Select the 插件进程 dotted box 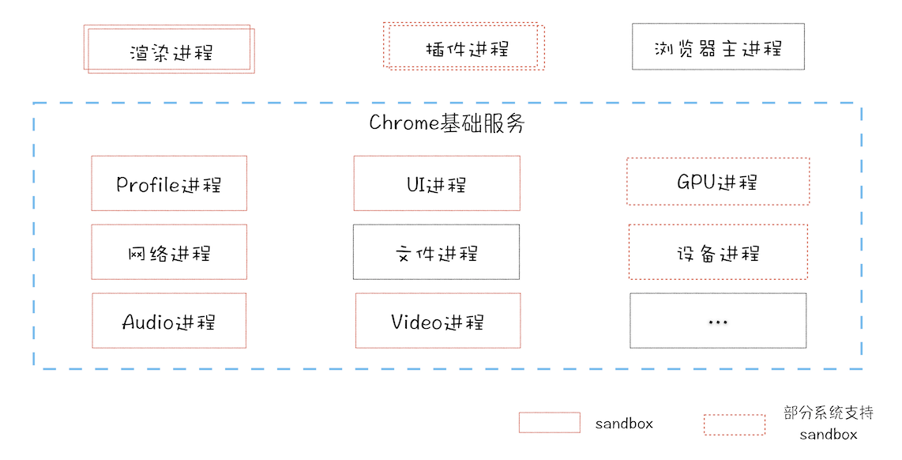pos(464,47)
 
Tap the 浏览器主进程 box pos(718,47)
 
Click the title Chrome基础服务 pos(446,124)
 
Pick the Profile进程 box pos(169,183)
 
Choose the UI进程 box pos(437,183)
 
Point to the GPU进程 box pos(718,182)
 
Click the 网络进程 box pos(169,252)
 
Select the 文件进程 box pos(437,252)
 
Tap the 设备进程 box pos(718,252)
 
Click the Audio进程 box pos(169,321)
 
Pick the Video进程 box pos(438,321)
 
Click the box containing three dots pos(718,321)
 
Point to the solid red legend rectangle pos(549,423)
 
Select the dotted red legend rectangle pos(735,424)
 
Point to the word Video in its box pos(416,322)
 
